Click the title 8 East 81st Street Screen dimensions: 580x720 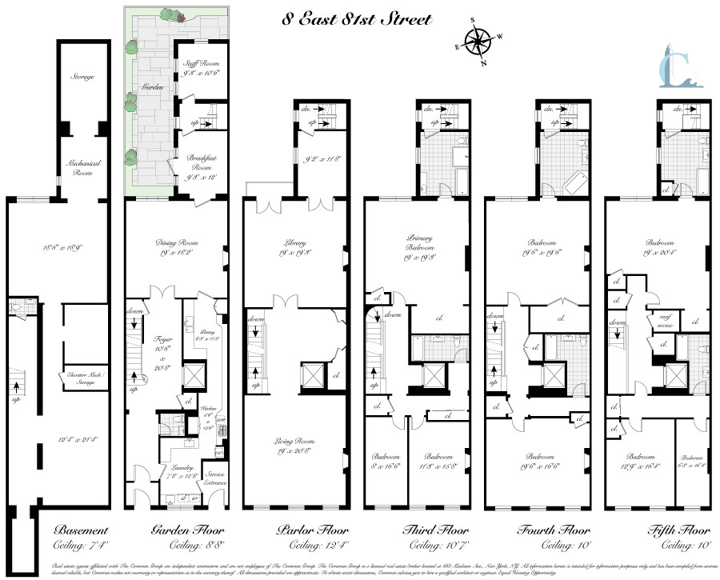pos(357,18)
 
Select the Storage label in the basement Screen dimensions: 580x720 pos(82,77)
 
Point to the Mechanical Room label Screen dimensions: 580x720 pos(82,166)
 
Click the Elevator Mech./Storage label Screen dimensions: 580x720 pos(82,378)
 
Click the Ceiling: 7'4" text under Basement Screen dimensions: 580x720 pos(81,546)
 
